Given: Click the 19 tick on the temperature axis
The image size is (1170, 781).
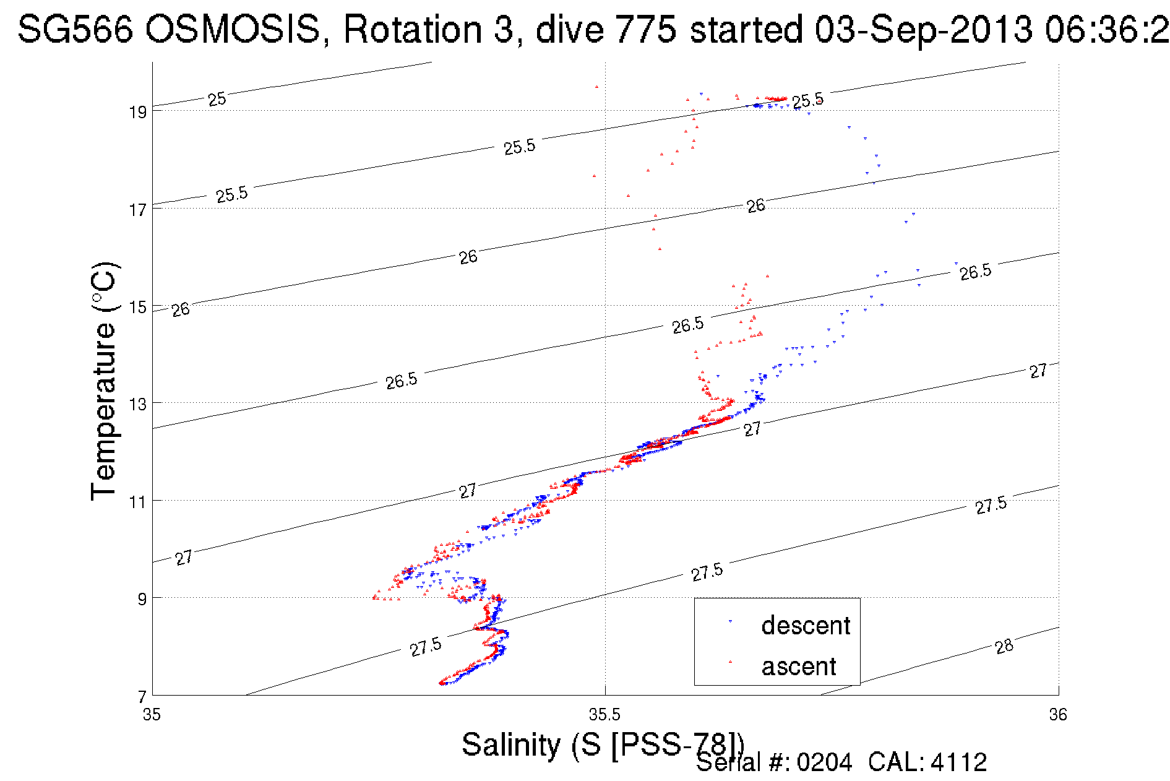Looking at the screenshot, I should click(137, 112).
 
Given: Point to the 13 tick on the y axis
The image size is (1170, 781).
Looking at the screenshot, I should click(137, 404).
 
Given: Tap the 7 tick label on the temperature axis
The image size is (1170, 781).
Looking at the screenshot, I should click(142, 697).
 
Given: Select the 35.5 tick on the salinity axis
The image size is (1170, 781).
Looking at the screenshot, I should click(604, 715).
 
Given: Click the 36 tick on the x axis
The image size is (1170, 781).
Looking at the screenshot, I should click(1058, 715).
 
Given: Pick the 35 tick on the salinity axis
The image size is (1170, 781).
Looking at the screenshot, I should click(152, 715).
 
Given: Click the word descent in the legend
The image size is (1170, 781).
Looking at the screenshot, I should click(806, 626).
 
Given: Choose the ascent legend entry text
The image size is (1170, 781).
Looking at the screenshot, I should click(799, 667).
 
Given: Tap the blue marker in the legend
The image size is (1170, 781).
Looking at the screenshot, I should click(730, 621).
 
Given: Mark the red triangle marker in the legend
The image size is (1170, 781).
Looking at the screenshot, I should click(730, 662).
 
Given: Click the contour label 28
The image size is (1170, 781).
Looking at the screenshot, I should click(1004, 647).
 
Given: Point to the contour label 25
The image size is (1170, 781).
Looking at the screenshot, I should click(217, 99).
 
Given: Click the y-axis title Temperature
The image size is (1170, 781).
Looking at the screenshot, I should click(103, 408).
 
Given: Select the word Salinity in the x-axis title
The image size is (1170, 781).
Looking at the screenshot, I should click(510, 744).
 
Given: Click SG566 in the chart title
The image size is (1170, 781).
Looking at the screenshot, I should click(75, 29).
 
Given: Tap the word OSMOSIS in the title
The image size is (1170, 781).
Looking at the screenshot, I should click(234, 29).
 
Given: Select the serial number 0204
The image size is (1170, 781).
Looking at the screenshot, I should click(824, 762).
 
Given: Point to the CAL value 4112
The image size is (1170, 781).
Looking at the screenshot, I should click(958, 762).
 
